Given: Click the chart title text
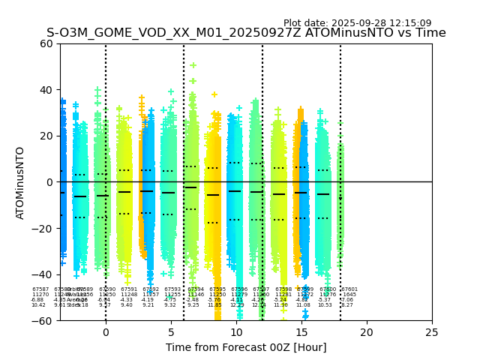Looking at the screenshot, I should (246, 33).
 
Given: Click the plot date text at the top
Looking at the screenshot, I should (357, 23).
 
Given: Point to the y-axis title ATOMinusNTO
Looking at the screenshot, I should (21, 182).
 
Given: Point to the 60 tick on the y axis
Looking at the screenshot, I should (46, 43).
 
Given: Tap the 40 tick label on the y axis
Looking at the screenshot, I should (46, 90).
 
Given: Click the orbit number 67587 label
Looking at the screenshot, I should (40, 289).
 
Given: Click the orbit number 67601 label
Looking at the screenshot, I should (349, 289).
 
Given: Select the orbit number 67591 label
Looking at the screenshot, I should (129, 289).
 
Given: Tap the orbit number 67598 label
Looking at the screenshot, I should (283, 289).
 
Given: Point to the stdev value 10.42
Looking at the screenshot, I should (37, 305).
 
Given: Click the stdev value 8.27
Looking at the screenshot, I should (347, 305).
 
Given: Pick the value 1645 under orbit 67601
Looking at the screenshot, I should (349, 295).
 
